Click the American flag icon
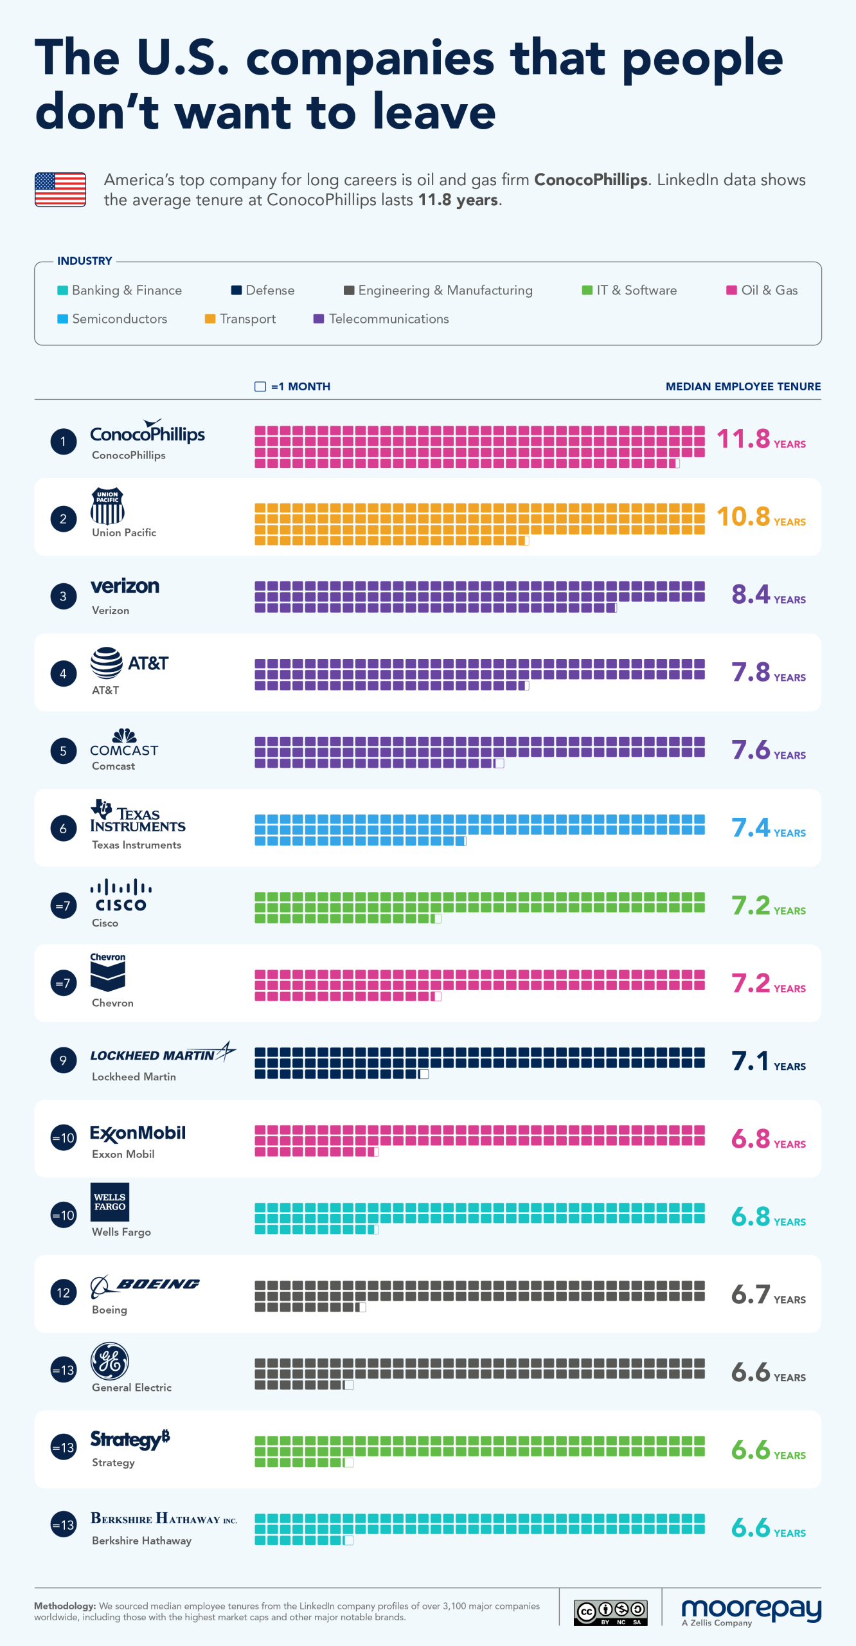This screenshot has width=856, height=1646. pyautogui.click(x=60, y=190)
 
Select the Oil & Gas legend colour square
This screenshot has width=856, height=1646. pyautogui.click(x=731, y=290)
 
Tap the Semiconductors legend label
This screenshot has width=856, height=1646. pyautogui.click(x=120, y=319)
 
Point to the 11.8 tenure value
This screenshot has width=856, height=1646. pyautogui.click(x=744, y=439)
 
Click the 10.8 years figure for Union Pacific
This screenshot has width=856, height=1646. pyautogui.click(x=744, y=517)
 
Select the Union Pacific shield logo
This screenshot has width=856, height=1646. pyautogui.click(x=107, y=506)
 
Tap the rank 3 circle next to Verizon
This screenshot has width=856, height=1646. pyautogui.click(x=63, y=596)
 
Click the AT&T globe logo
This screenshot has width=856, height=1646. pyautogui.click(x=107, y=663)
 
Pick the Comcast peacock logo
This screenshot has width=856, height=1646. pyautogui.click(x=125, y=736)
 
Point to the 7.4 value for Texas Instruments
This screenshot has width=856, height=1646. pyautogui.click(x=751, y=828)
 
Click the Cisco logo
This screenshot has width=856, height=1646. pyautogui.click(x=121, y=895)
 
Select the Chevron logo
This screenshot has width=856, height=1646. pyautogui.click(x=108, y=973)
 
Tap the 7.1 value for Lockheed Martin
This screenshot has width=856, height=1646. pyautogui.click(x=751, y=1062)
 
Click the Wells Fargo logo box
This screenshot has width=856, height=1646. pyautogui.click(x=110, y=1202)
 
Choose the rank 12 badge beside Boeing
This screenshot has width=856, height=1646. pyautogui.click(x=63, y=1292)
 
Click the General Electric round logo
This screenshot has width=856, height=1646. pyautogui.click(x=110, y=1361)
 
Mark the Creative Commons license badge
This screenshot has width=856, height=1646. pyautogui.click(x=611, y=1613)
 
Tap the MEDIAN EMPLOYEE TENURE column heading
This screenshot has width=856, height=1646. pyautogui.click(x=743, y=386)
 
